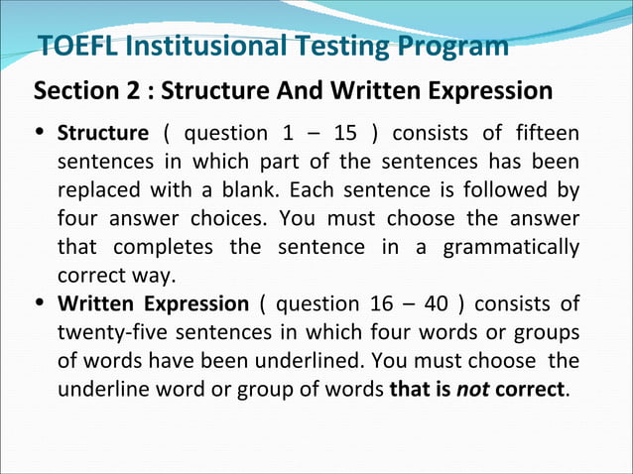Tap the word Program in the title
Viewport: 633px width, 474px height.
coord(453,46)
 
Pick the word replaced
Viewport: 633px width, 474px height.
coord(97,188)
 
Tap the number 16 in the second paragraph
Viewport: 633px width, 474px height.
coord(376,304)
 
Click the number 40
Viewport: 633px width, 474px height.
coord(435,304)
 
